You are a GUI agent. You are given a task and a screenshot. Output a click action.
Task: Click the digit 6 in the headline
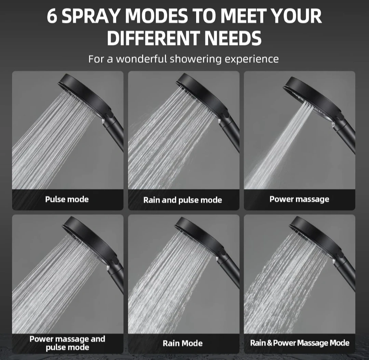click(x=52, y=16)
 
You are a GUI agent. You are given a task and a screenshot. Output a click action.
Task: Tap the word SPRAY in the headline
click(x=91, y=16)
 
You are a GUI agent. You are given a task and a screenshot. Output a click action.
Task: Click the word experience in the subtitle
click(x=251, y=59)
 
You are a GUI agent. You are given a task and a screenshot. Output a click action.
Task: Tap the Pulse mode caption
click(x=67, y=199)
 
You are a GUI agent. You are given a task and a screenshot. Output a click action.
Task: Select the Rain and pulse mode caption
click(x=182, y=200)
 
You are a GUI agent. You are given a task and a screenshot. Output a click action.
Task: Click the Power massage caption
click(x=299, y=199)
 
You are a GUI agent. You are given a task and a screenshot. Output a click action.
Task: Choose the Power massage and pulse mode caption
click(x=67, y=343)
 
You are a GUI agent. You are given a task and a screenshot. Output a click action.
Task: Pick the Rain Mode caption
click(x=182, y=343)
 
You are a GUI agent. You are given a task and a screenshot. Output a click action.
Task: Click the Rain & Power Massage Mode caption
click(x=300, y=343)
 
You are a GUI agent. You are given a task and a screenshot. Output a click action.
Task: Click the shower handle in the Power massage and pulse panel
click(x=115, y=277)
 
